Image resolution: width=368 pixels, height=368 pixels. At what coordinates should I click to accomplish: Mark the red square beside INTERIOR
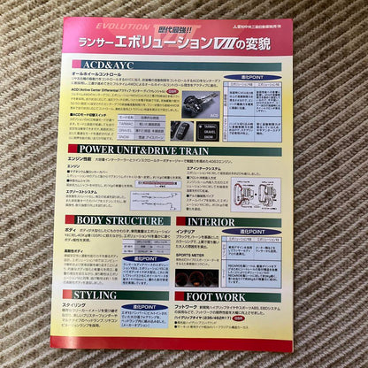tap(181, 222)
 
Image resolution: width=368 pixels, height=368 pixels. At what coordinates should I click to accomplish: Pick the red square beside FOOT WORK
tap(181, 296)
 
